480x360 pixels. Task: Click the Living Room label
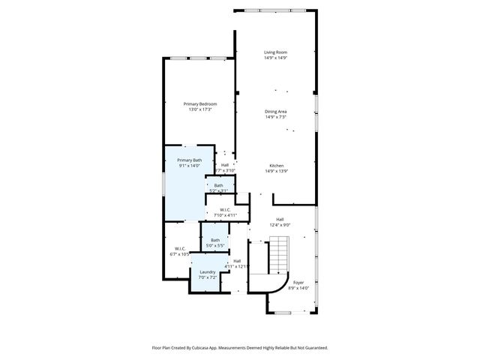(276, 52)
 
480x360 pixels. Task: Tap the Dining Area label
(276, 111)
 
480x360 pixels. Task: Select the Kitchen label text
(276, 165)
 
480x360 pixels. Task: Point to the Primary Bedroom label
(201, 103)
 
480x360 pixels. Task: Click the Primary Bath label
(189, 160)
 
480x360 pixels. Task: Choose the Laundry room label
(208, 271)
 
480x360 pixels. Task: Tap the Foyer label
(298, 283)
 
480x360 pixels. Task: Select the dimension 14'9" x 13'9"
(276, 171)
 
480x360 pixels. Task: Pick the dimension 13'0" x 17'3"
(201, 109)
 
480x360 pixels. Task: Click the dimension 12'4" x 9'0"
(280, 225)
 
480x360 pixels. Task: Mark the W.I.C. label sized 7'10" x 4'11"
(225, 209)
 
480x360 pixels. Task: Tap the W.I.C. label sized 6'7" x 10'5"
(180, 248)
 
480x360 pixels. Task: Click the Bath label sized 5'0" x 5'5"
(214, 240)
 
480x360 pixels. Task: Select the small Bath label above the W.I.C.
(218, 185)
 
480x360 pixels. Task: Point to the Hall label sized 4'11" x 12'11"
(237, 261)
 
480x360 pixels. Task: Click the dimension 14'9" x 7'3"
(276, 117)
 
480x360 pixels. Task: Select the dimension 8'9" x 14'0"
(298, 288)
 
